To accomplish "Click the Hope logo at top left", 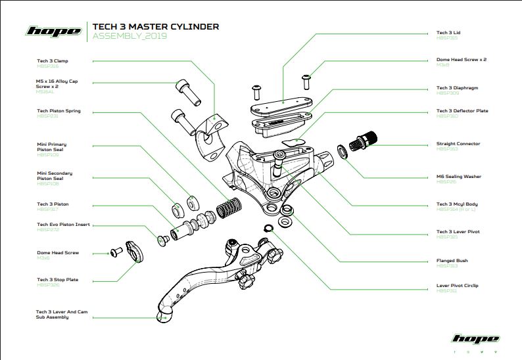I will [x=53, y=31].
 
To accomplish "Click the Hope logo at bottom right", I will [x=475, y=339].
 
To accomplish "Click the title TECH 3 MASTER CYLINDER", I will [x=156, y=27].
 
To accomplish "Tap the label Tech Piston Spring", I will [x=59, y=111].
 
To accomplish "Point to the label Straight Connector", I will [x=458, y=143].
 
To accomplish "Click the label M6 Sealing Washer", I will [x=459, y=176].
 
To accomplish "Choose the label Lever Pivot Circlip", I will [x=458, y=286].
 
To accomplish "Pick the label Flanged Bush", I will [x=452, y=261].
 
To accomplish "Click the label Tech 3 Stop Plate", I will [x=58, y=280].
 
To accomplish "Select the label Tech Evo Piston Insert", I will [x=64, y=224].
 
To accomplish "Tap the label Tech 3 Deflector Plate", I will [x=462, y=111].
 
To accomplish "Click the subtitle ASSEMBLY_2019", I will [x=130, y=36].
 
